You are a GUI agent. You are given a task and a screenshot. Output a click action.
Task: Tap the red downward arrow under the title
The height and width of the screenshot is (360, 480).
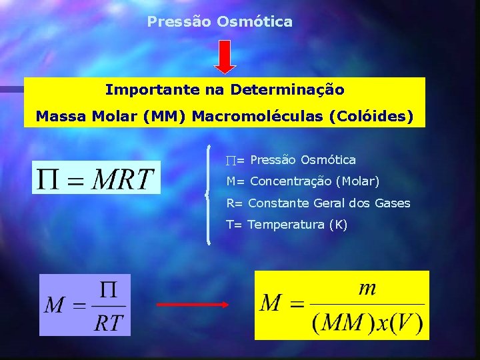(225, 56)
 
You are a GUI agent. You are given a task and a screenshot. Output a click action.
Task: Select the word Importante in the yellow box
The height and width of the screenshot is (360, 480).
(141, 89)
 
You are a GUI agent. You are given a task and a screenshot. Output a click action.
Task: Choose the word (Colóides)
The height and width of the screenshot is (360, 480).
(371, 116)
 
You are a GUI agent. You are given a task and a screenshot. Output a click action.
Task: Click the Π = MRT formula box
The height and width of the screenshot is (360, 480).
(96, 177)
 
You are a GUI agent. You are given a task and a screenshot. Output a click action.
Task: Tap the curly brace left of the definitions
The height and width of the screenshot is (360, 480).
(209, 193)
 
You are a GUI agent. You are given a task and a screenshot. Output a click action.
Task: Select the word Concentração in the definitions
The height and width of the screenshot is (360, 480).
(291, 181)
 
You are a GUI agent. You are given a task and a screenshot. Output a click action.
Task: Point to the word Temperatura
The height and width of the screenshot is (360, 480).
(285, 225)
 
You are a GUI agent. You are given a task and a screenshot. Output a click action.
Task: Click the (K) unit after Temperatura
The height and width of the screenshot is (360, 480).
(337, 225)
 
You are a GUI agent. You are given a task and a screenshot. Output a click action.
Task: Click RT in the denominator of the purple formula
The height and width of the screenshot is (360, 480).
(108, 323)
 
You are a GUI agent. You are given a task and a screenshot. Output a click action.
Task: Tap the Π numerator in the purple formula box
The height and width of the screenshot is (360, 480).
(108, 289)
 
